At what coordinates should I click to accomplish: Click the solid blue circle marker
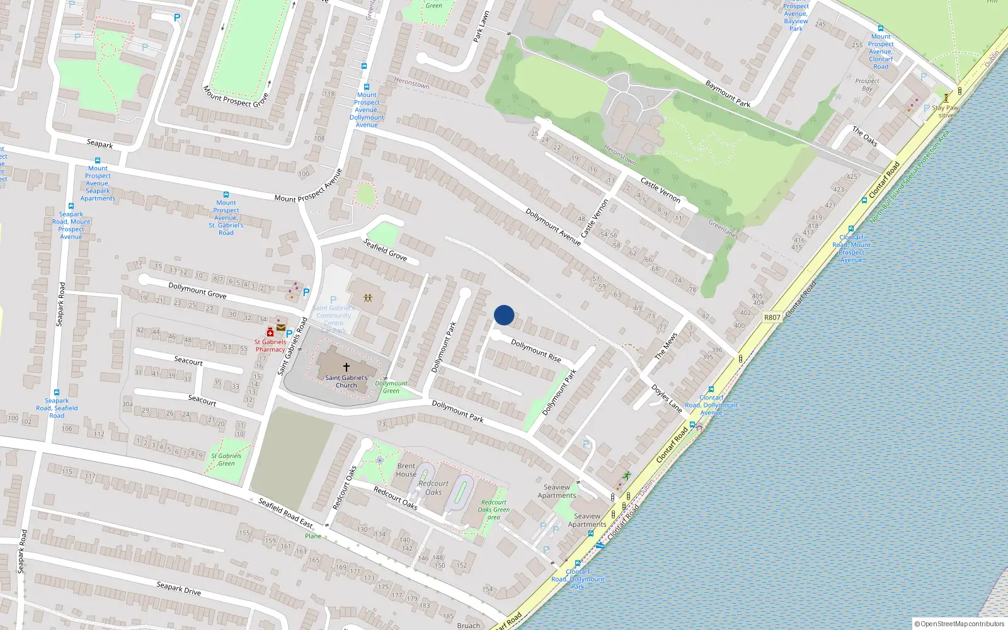(x=504, y=315)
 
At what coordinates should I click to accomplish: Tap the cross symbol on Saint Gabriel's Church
(x=346, y=367)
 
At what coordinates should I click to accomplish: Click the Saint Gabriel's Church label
(x=346, y=381)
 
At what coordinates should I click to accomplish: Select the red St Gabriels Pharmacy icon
(x=270, y=332)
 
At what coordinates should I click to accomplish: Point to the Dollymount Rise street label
(x=535, y=350)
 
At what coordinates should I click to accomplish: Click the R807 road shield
(x=772, y=317)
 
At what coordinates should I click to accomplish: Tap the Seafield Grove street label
(x=385, y=249)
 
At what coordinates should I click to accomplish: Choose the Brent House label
(x=406, y=470)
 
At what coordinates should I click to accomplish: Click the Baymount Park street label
(x=728, y=93)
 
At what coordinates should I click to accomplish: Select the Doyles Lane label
(x=667, y=398)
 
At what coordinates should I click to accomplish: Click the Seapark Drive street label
(x=178, y=588)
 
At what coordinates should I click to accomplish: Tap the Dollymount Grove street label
(x=197, y=290)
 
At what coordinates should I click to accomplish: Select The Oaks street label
(x=864, y=136)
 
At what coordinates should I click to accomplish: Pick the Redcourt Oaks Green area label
(x=493, y=510)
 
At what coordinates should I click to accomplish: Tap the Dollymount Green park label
(x=391, y=387)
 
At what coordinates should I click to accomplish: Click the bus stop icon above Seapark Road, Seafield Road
(x=57, y=392)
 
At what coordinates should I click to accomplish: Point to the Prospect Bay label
(x=867, y=84)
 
